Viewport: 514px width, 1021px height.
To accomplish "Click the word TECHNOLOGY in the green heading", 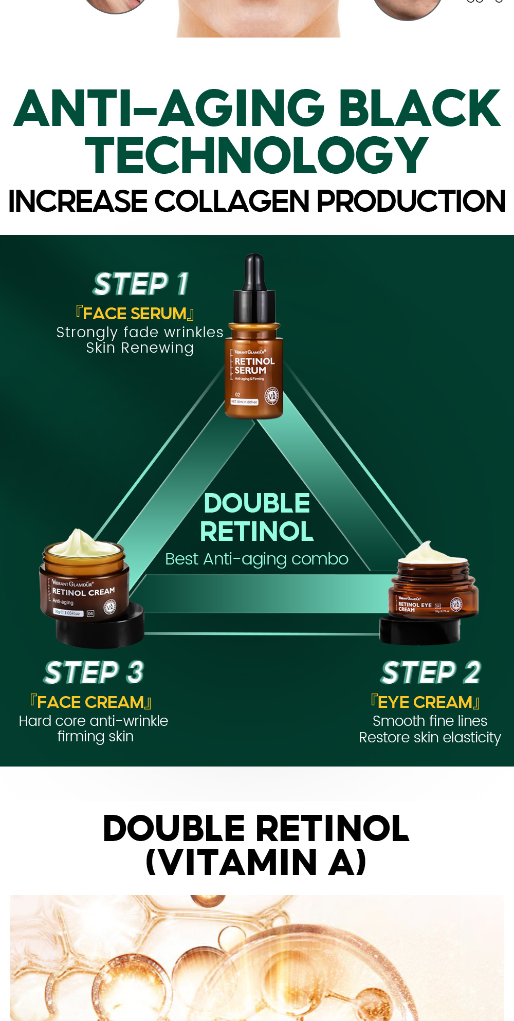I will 256,156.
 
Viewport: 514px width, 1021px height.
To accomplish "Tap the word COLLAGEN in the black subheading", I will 231,201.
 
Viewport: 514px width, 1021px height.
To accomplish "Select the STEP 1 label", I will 141,284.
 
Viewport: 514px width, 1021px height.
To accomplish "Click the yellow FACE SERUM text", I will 135,314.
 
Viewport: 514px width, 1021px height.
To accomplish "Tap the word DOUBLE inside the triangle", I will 256,503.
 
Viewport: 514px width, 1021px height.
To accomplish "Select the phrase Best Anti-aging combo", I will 256,559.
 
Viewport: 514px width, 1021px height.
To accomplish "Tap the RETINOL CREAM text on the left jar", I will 83,592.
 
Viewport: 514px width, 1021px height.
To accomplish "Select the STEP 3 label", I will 94,672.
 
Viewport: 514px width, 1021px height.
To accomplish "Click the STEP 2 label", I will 431,672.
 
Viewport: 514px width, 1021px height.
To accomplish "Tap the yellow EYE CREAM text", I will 425,702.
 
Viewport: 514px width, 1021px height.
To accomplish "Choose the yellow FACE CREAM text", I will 90,702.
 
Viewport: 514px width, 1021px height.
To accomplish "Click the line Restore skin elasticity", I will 430,738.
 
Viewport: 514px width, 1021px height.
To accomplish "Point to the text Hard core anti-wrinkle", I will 94,721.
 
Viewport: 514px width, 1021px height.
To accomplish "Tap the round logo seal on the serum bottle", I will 271,396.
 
